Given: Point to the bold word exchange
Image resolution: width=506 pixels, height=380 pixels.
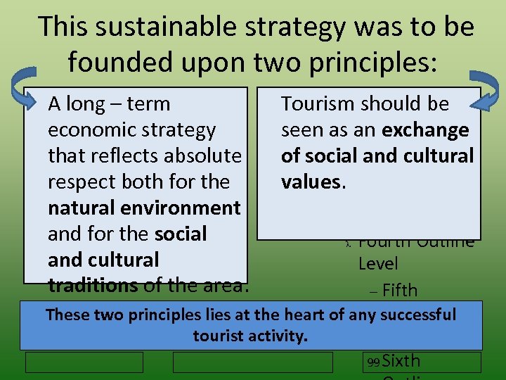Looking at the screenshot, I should point(425,130).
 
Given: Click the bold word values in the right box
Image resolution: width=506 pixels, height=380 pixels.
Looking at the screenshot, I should point(311,182).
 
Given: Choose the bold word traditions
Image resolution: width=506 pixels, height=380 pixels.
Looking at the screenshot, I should point(93,286).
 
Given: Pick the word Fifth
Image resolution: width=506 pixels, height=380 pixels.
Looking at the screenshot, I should point(401,290).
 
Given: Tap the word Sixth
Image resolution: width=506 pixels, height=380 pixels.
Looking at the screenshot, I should point(401,361).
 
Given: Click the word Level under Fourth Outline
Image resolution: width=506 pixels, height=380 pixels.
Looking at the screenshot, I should point(378,264).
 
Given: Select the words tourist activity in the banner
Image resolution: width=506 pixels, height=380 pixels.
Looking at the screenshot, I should point(251,336).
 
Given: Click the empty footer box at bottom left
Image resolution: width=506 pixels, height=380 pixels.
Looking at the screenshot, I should point(84,362).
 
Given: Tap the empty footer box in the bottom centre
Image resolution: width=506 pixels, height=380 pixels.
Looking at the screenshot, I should point(253,362).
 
